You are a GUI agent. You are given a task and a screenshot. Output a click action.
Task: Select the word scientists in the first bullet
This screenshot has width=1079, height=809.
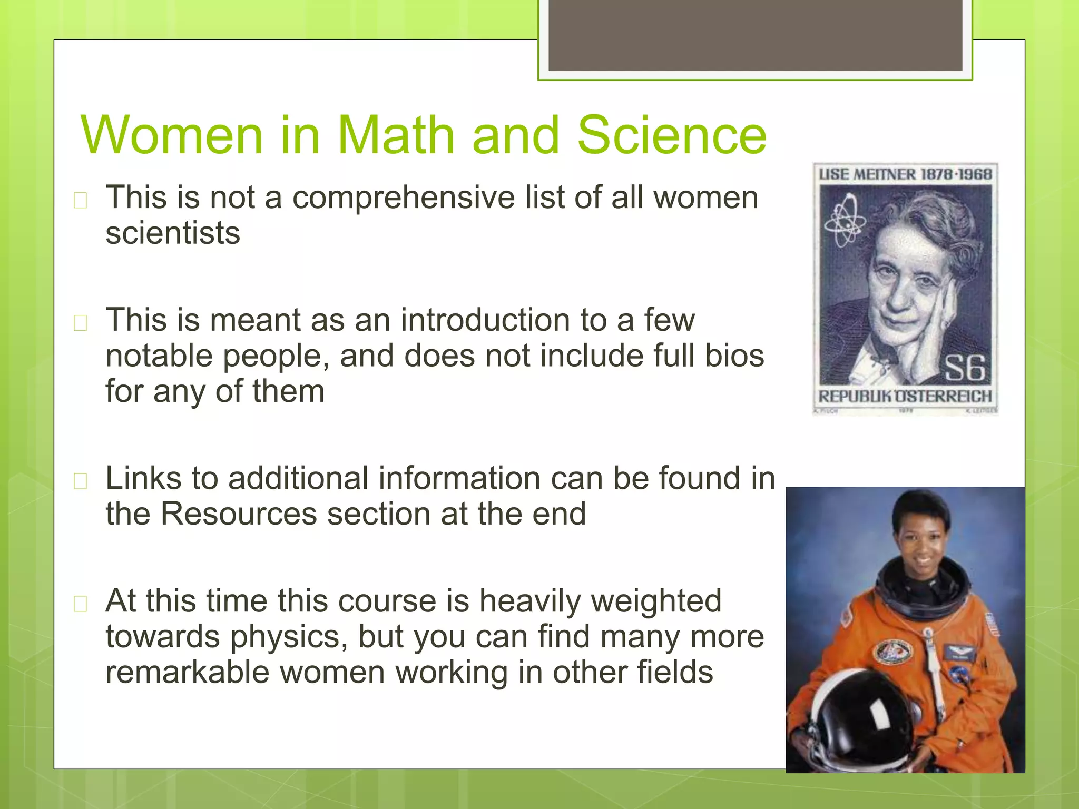pos(173,233)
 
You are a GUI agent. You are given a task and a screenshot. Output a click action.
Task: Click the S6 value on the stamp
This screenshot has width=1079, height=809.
pos(964,368)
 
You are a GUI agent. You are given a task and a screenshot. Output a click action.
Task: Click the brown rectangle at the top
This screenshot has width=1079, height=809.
pos(755,35)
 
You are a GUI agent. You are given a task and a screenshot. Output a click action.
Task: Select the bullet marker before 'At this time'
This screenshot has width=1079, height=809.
pos(81,604)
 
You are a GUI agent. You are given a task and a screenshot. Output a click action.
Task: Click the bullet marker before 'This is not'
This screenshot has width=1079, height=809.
pos(81,200)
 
